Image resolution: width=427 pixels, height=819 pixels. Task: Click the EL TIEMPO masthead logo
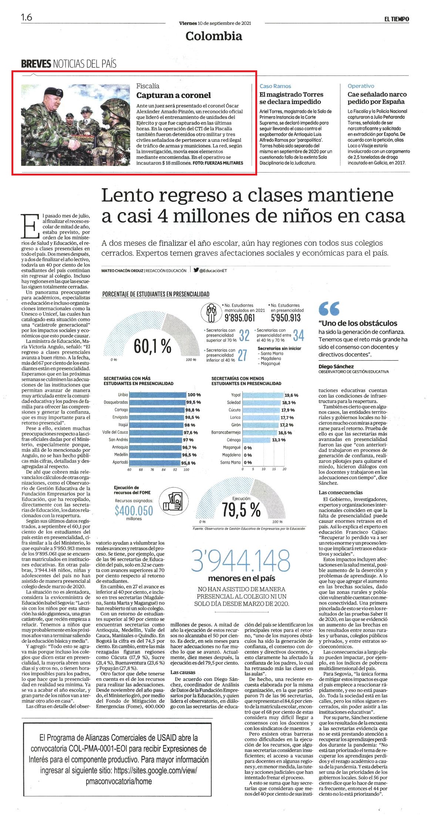[396, 19]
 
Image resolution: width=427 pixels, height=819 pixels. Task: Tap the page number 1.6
[27, 17]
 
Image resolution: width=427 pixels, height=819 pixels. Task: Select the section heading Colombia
[214, 36]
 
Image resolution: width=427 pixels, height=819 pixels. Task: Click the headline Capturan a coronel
[173, 95]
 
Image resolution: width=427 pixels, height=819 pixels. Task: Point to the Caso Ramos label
[275, 86]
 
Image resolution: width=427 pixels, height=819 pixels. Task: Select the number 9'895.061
[240, 318]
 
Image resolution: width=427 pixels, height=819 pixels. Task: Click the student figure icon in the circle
[211, 313]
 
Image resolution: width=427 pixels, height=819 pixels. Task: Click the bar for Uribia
[158, 395]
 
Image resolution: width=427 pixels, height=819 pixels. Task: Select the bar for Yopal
[263, 395]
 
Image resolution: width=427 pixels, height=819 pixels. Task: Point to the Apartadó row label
[120, 462]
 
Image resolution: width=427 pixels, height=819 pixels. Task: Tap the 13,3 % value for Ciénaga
[279, 440]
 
